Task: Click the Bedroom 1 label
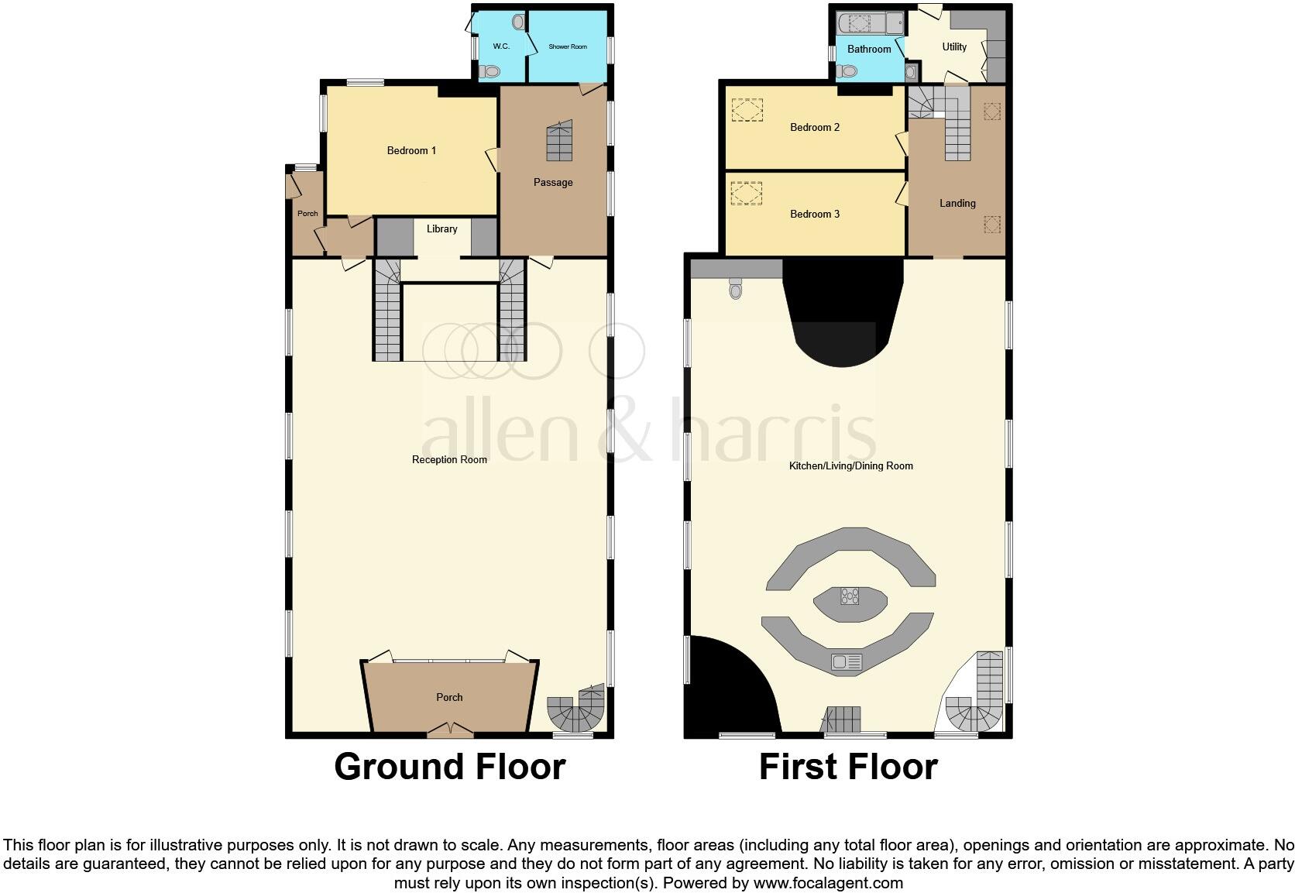coord(411,150)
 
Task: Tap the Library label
coord(441,228)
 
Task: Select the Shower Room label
coord(568,46)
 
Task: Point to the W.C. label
coord(501,46)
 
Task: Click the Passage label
coord(553,182)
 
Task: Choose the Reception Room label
coord(449,459)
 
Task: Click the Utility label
coord(954,46)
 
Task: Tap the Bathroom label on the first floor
coord(869,49)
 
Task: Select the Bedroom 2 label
coord(815,127)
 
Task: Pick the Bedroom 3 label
coord(815,214)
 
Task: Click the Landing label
coord(957,203)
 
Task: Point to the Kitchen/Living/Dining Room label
coord(850,465)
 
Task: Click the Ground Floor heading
coord(449,767)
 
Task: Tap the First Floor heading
coord(848,767)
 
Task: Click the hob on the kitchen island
coord(850,596)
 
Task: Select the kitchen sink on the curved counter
coord(847,662)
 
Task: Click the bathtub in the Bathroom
coord(871,24)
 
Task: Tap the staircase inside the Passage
coord(560,141)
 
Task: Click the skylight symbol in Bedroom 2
coord(747,110)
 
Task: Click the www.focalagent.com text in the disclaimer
coord(827,882)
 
